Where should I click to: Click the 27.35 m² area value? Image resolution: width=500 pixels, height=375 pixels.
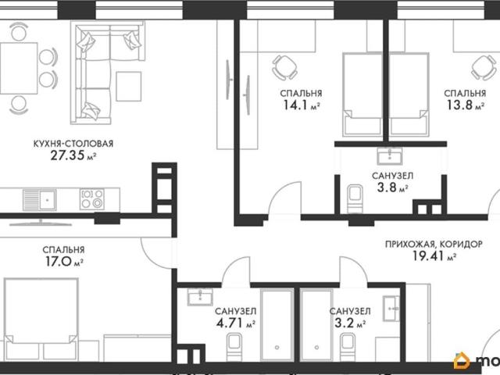(73, 155)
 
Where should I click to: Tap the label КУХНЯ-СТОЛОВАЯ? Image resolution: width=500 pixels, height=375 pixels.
(73, 144)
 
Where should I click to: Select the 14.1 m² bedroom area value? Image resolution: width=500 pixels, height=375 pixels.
(302, 105)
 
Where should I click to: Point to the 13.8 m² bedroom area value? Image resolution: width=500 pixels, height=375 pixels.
(466, 105)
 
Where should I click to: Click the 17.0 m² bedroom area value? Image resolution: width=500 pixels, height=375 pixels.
(64, 262)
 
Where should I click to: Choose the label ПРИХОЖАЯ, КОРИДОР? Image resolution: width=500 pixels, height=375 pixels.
(434, 245)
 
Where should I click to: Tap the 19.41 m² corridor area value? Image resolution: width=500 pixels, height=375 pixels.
(434, 255)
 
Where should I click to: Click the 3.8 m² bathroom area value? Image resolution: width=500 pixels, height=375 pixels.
(392, 187)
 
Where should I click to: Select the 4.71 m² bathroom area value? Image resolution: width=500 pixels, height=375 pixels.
(236, 323)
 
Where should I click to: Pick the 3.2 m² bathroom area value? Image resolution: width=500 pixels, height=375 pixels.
(350, 323)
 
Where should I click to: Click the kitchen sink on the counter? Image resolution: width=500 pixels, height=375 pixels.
(40, 200)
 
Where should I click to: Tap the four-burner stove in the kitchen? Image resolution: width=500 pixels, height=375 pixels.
(92, 199)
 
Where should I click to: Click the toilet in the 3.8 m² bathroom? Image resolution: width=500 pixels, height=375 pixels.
(355, 198)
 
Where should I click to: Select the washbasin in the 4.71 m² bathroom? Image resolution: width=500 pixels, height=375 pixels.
(200, 297)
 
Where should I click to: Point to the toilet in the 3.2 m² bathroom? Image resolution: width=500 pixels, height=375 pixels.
(348, 347)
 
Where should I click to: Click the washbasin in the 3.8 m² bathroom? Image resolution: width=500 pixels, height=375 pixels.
(389, 156)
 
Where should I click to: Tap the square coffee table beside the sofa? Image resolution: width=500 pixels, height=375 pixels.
(128, 87)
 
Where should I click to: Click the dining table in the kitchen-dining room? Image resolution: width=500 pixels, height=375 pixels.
(19, 68)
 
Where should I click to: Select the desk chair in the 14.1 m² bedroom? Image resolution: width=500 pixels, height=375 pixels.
(284, 68)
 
